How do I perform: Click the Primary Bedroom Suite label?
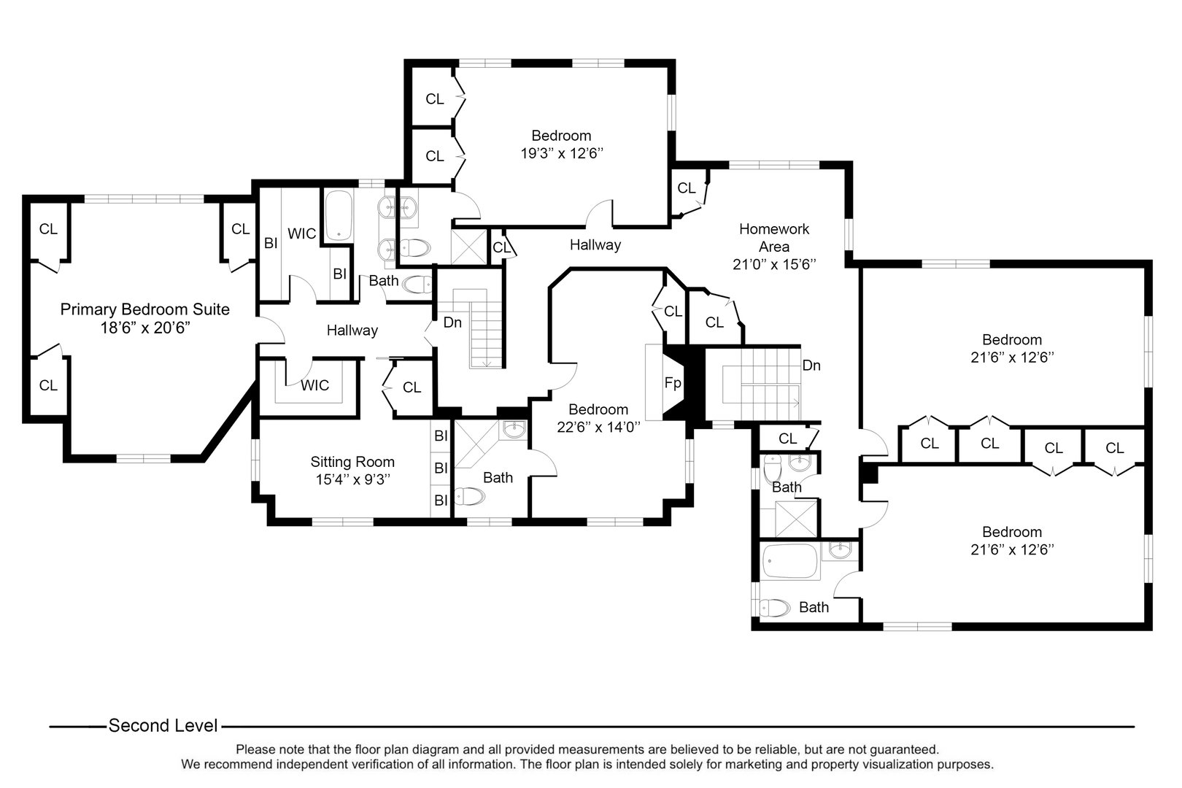pyautogui.click(x=144, y=309)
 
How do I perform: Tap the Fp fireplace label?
pyautogui.click(x=672, y=382)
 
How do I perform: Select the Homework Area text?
pyautogui.click(x=773, y=238)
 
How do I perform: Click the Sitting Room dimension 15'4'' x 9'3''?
pyautogui.click(x=352, y=480)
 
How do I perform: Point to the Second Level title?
pyautogui.click(x=163, y=726)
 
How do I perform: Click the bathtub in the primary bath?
pyautogui.click(x=338, y=215)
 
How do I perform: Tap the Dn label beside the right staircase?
pyautogui.click(x=811, y=366)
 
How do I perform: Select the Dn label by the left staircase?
pyautogui.click(x=452, y=322)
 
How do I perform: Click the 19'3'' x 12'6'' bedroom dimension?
pyautogui.click(x=561, y=154)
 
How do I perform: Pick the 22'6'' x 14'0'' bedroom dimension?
pyautogui.click(x=598, y=428)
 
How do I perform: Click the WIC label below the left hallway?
pyautogui.click(x=315, y=385)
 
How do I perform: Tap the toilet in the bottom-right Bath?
pyautogui.click(x=775, y=607)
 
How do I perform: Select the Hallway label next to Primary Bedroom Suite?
pyautogui.click(x=352, y=331)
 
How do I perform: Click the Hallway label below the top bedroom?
pyautogui.click(x=595, y=245)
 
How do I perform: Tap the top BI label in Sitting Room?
pyautogui.click(x=441, y=436)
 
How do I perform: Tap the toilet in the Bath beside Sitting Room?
pyautogui.click(x=469, y=497)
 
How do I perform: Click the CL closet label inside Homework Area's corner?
pyautogui.click(x=686, y=188)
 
